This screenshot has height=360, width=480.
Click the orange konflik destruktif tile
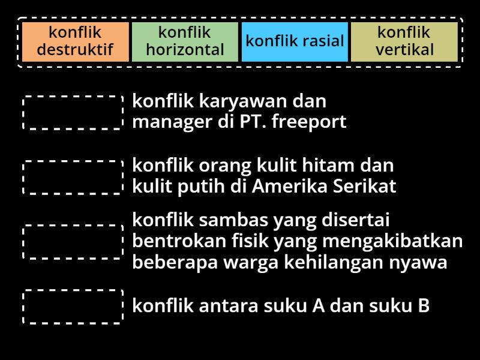(75, 41)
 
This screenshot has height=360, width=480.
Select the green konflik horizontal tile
(185, 41)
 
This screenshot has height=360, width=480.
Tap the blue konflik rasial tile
(295, 41)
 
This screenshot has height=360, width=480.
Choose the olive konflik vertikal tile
(404, 41)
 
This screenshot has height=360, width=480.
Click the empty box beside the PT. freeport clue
(73, 112)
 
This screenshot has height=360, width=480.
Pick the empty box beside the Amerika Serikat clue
(73, 177)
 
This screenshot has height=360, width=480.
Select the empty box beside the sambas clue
(73, 242)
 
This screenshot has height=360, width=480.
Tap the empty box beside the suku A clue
(73, 307)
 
